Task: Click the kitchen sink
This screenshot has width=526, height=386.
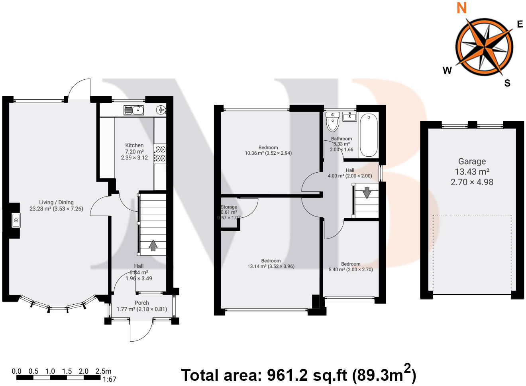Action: [133, 110]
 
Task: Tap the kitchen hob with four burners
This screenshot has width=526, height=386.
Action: [160, 154]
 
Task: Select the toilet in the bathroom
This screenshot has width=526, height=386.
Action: [332, 121]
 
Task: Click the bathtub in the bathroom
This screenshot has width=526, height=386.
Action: [368, 135]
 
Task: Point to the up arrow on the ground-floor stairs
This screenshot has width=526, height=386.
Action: [153, 245]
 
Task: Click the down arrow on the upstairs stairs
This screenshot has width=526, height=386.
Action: [367, 193]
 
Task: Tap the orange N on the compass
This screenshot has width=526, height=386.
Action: [461, 8]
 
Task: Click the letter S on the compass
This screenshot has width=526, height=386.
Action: [507, 83]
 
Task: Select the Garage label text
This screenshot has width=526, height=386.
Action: [472, 161]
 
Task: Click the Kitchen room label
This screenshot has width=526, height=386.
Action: [134, 146]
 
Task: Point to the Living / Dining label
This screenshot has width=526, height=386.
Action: [56, 202]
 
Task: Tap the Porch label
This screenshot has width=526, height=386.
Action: [142, 303]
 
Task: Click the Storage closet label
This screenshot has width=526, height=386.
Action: [229, 207]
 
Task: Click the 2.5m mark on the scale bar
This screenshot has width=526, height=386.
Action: [103, 371]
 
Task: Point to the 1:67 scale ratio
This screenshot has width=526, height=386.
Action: [109, 379]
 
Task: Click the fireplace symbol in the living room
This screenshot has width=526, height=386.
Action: [16, 220]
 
